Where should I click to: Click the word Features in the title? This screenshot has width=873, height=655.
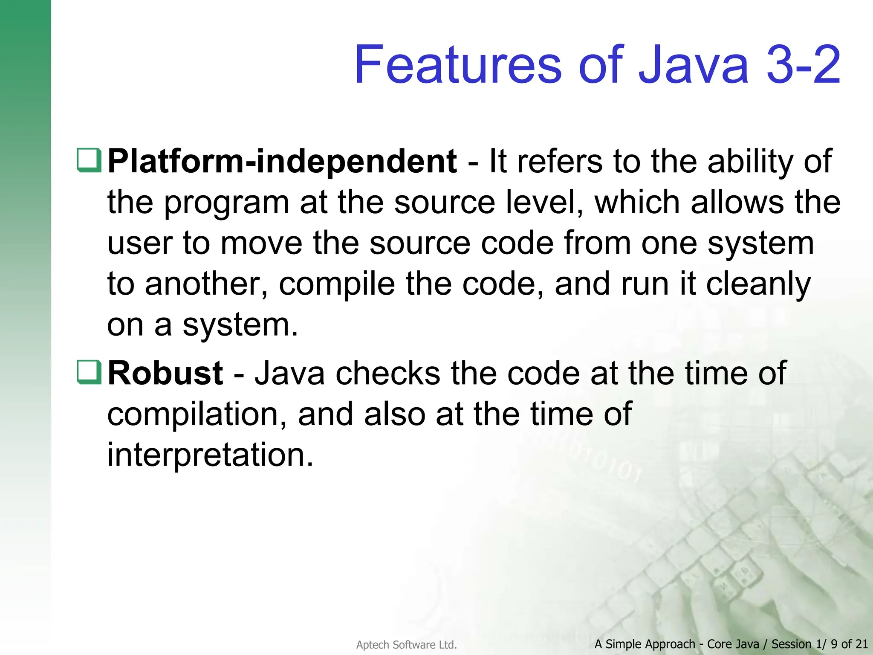[458, 65]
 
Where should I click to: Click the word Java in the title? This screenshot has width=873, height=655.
[693, 65]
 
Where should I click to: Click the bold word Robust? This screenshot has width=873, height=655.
[165, 373]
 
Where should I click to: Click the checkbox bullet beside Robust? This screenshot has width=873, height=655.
[89, 372]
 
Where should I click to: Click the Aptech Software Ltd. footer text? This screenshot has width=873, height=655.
[406, 645]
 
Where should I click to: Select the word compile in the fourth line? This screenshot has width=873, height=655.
[337, 285]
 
